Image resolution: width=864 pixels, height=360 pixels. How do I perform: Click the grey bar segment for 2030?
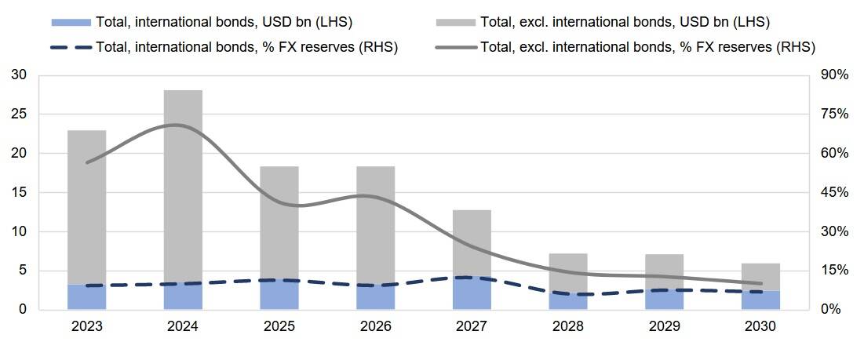pyautogui.click(x=760, y=276)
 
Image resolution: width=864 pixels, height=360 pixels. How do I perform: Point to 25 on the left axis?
pyautogui.click(x=20, y=115)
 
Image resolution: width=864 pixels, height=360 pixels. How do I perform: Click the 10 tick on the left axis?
pyautogui.click(x=20, y=232)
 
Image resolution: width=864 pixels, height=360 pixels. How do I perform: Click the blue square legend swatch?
pyautogui.click(x=71, y=21)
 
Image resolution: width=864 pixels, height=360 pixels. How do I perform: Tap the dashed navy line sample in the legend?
pyautogui.click(x=71, y=47)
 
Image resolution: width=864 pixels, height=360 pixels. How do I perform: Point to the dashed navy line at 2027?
pyautogui.click(x=472, y=278)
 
